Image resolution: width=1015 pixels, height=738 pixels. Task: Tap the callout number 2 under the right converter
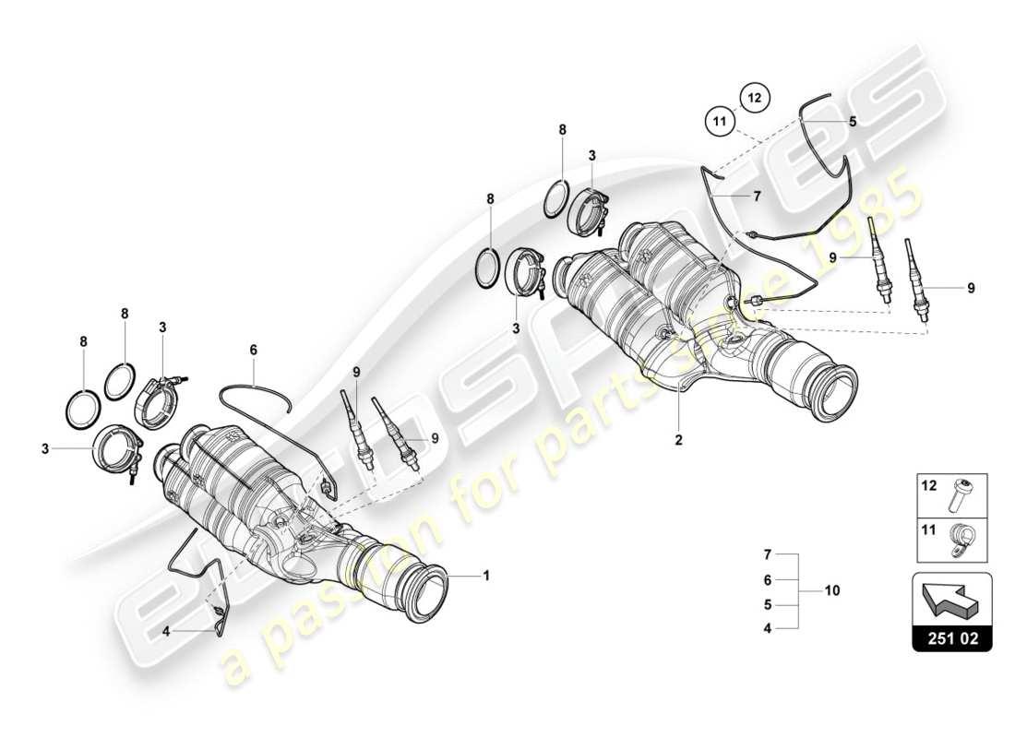678,440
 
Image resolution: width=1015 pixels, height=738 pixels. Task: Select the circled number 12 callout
753,96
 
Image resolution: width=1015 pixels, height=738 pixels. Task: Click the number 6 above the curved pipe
253,350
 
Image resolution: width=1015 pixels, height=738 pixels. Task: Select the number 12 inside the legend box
929,484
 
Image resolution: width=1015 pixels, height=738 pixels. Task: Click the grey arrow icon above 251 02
951,604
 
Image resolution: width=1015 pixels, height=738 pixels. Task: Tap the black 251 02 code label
951,637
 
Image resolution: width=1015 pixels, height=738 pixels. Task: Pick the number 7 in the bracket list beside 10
766,554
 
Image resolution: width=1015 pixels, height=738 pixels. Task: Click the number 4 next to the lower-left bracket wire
166,632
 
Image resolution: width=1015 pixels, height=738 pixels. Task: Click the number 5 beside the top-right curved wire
853,121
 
